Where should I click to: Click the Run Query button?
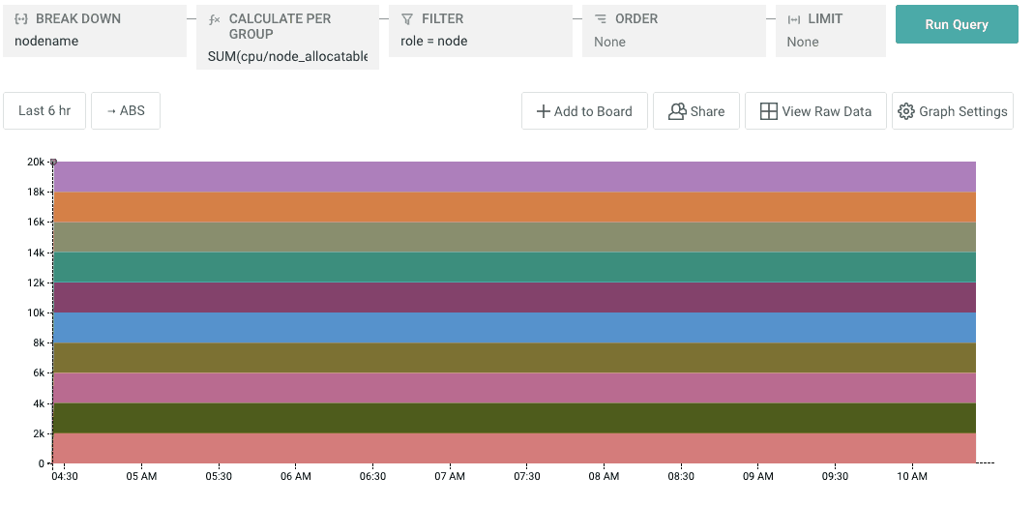pos(956,24)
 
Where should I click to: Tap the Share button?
pos(696,111)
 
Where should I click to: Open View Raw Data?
pos(815,111)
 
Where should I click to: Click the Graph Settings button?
pos(952,111)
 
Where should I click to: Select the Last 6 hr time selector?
pos(44,110)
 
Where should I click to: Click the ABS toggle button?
pos(126,110)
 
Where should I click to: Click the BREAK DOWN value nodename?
pos(46,42)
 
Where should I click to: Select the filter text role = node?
pos(434,42)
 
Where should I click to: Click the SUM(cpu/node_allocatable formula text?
pos(287,57)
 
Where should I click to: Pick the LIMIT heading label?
pos(825,18)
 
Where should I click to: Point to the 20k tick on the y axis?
pos(36,162)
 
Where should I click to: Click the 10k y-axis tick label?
pos(36,313)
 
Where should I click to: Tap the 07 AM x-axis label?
pos(450,476)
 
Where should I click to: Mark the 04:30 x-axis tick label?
pos(65,476)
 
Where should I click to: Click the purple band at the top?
pos(514,177)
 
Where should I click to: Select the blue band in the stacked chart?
pos(514,328)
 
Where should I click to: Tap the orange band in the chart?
pos(514,207)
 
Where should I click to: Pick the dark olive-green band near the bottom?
pos(514,418)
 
